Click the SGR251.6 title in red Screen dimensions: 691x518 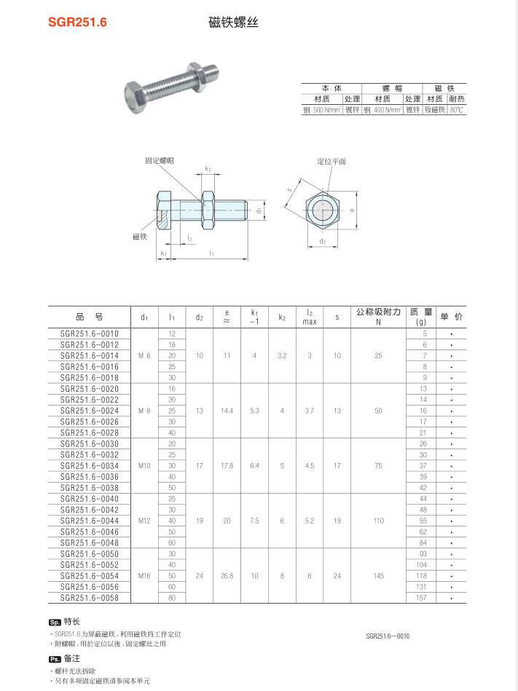[77, 23]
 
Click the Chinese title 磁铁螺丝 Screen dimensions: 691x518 [234, 23]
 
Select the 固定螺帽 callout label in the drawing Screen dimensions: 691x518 [160, 159]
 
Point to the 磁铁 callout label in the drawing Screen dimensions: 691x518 [140, 237]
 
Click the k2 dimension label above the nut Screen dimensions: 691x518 [208, 169]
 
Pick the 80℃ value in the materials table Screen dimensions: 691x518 [457, 110]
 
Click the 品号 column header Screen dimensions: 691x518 [89, 317]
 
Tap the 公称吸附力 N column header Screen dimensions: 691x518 [378, 317]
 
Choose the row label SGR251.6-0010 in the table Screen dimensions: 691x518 [89, 333]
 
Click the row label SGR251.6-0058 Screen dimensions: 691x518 [89, 598]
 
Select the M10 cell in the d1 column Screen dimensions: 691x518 [144, 465]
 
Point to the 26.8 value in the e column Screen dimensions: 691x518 [227, 576]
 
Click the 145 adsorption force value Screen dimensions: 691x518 [378, 576]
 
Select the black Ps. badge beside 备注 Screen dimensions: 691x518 [55, 658]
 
